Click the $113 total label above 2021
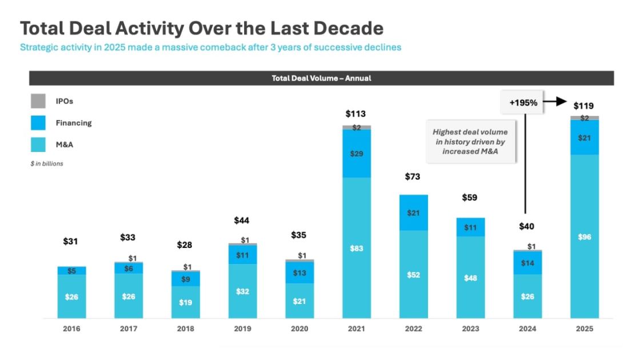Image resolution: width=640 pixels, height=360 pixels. tap(355, 114)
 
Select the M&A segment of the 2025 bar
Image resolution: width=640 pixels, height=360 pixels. tap(584, 236)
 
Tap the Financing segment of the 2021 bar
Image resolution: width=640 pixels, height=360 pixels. tap(357, 153)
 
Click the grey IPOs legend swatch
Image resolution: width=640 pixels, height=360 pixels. tap(38, 101)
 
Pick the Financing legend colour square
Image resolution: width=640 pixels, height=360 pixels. tap(38, 123)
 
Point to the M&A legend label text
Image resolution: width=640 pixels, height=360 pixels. tap(65, 145)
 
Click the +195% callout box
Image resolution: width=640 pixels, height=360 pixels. tap(523, 103)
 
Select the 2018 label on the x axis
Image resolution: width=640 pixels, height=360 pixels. tap(185, 329)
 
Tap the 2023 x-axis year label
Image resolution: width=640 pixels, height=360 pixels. tap(470, 329)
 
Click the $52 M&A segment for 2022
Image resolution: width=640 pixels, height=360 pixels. tap(414, 274)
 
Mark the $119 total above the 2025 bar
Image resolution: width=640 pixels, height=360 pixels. tap(584, 106)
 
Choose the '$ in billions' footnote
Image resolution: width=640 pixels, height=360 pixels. tap(47, 163)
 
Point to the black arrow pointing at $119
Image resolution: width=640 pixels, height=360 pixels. tap(554, 103)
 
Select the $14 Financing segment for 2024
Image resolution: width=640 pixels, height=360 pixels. tap(527, 263)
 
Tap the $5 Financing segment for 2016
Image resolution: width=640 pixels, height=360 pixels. tap(71, 271)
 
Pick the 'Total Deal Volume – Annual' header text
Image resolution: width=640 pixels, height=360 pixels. tap(321, 78)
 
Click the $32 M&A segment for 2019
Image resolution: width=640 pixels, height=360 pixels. tap(242, 291)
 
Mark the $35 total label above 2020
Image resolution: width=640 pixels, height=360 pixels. tap(298, 235)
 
